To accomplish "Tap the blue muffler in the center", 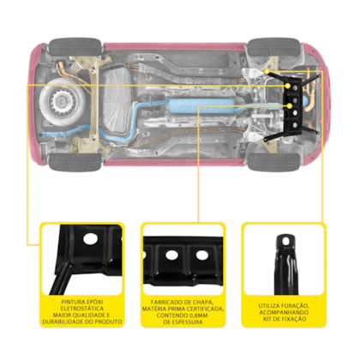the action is pos(201,106).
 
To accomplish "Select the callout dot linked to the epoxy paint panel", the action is pos(288,86).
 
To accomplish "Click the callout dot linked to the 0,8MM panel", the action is pos(290,106).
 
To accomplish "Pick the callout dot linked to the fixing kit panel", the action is pos(267,71).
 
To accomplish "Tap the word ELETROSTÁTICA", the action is pos(82,309).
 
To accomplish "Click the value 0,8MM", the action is pos(198,315).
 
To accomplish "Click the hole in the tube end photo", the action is pos(285,243).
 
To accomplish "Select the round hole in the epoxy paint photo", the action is pos(90,238).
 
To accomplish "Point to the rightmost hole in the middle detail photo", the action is pos(202,255).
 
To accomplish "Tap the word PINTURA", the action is pos(70,302).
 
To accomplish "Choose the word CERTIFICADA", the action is pos(206,309).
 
